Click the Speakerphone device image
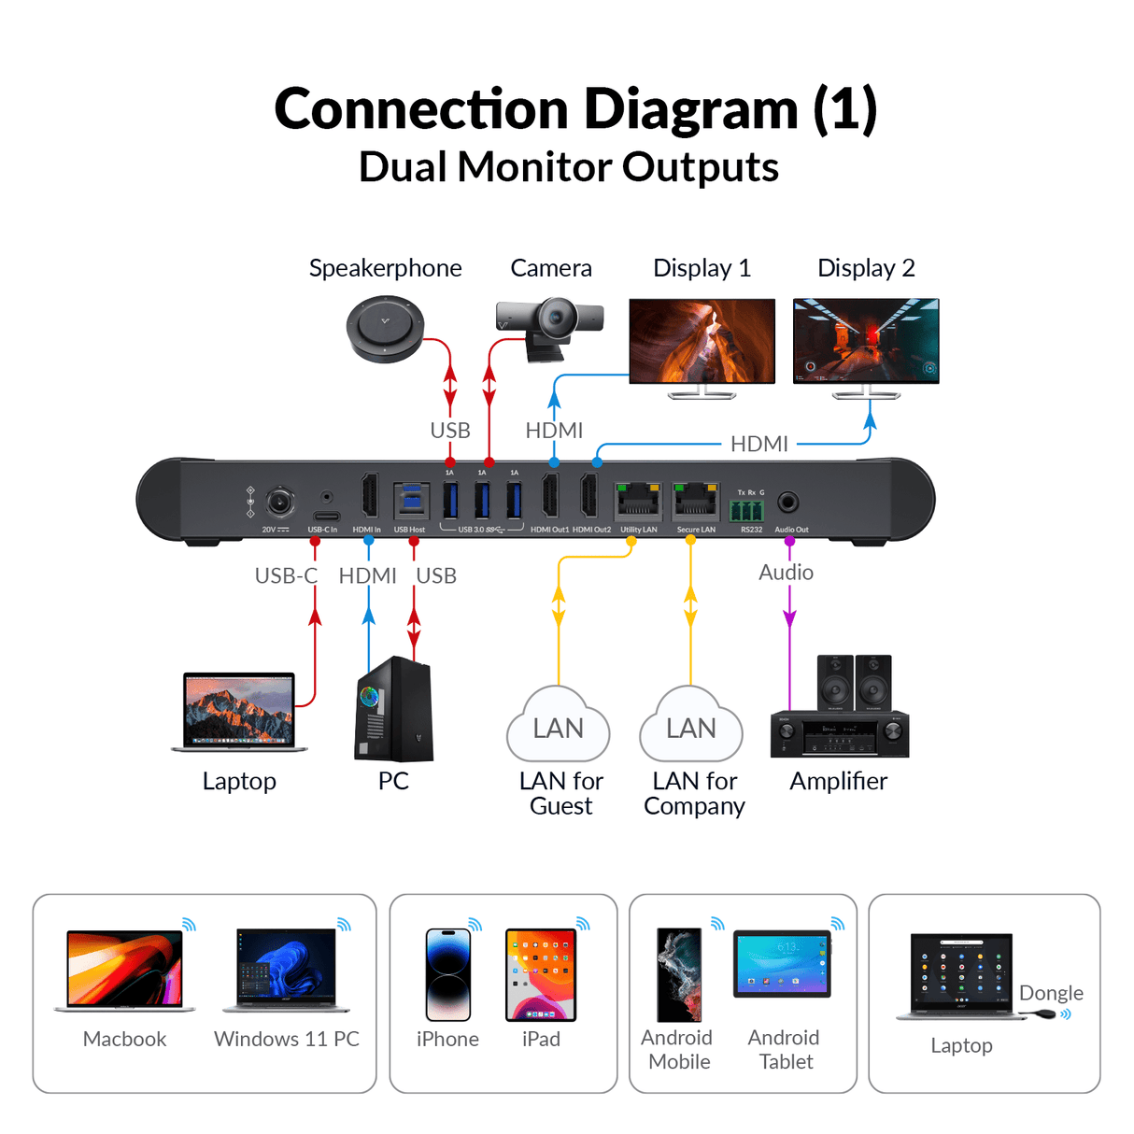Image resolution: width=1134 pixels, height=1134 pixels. point(385,329)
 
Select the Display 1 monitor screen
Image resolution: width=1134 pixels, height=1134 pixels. point(702,341)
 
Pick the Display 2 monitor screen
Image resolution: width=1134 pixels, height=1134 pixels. point(866,341)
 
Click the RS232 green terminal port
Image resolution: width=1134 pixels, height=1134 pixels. point(746,510)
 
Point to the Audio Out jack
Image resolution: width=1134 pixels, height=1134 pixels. point(788,503)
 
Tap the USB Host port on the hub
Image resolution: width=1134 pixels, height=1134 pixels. point(410,502)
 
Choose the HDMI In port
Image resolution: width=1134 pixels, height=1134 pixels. point(369,496)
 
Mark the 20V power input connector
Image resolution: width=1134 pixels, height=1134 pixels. point(279,502)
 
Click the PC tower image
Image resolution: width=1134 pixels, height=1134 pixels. point(394,709)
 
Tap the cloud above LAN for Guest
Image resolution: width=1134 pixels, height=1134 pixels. point(559,726)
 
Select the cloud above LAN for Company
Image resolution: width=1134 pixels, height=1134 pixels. point(691,726)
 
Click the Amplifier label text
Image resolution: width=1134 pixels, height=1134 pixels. point(838,781)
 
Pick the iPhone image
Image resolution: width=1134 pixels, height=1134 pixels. point(448,974)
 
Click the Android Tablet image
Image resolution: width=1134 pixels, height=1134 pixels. point(782,964)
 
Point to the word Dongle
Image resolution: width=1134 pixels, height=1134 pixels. point(1051,993)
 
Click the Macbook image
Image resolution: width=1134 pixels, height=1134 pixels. point(125,970)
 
